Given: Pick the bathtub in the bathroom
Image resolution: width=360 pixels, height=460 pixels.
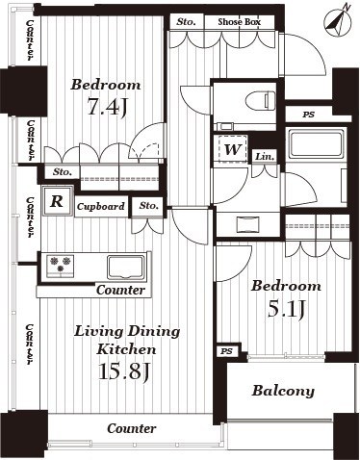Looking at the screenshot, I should point(316,145).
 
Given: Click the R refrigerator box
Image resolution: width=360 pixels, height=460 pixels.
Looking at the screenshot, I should point(59,202).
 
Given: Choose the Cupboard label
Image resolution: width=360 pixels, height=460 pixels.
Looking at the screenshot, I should point(100,206).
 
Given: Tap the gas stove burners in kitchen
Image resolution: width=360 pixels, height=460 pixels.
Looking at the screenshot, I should point(58,265).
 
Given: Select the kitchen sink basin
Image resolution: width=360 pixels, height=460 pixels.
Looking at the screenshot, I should point(126,265).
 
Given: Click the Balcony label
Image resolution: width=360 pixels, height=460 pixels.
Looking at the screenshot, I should point(283,391).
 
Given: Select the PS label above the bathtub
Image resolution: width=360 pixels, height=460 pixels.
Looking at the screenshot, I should point(308,115).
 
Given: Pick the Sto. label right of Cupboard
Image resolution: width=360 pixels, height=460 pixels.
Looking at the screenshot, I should point(148,205).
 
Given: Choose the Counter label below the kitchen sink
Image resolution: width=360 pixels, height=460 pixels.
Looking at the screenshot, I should point(119,290).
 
